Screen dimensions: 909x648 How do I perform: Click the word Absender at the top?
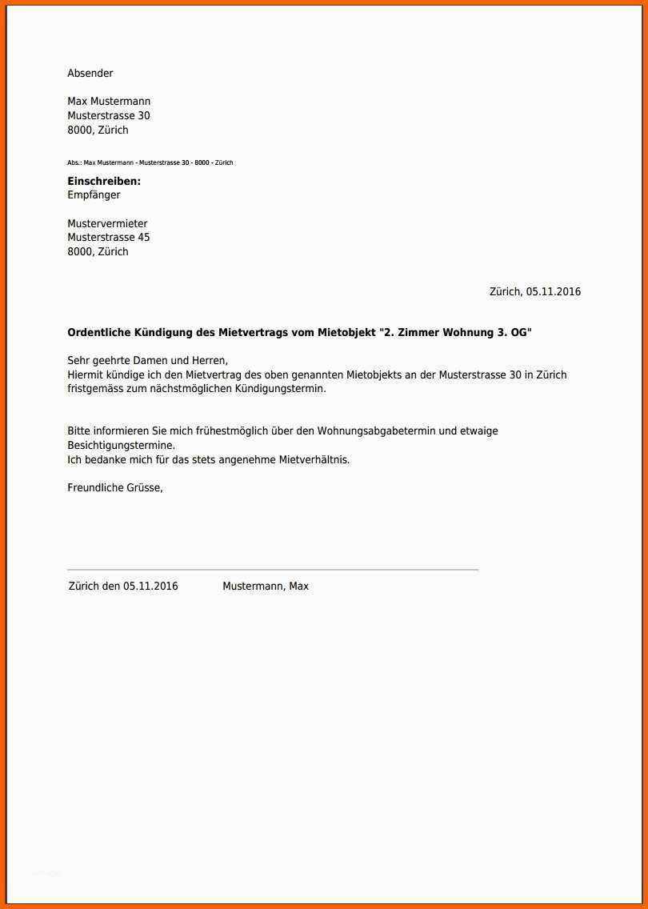[90, 74]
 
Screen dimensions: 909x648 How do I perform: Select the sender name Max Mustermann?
[109, 102]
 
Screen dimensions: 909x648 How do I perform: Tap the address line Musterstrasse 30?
[109, 116]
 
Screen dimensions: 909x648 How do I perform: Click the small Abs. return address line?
[150, 162]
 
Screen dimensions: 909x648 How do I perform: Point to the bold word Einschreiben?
[104, 182]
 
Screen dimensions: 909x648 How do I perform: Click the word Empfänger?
[94, 195]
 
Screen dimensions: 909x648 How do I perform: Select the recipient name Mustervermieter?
[107, 224]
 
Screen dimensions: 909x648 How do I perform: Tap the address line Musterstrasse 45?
[109, 238]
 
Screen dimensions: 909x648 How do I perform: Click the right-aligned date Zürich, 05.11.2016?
[535, 292]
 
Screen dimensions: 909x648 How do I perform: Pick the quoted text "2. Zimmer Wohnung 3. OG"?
[455, 333]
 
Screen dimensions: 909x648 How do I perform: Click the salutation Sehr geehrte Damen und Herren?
[148, 361]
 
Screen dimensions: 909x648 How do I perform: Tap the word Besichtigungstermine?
[121, 445]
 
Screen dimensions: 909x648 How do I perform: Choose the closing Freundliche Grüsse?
[115, 487]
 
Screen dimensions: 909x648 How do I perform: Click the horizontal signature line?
[273, 570]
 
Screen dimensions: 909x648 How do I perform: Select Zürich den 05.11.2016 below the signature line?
[123, 587]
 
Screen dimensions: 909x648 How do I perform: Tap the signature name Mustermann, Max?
[266, 587]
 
